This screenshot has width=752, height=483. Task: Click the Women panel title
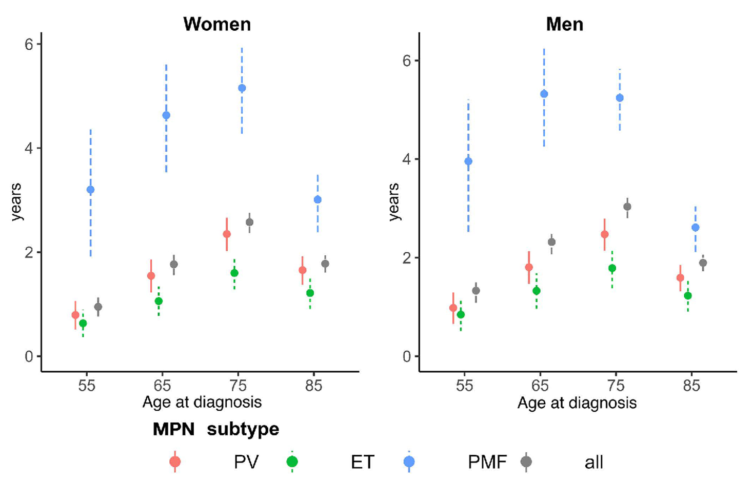(x=217, y=24)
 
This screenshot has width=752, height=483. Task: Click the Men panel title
(x=564, y=24)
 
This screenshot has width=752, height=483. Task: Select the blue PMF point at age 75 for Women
(x=242, y=88)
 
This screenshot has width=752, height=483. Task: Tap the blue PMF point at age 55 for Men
(x=468, y=162)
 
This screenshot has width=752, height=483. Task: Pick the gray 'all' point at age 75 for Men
(x=627, y=207)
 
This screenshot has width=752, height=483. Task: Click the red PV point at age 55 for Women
(x=75, y=315)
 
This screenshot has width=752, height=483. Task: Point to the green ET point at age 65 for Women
(x=159, y=301)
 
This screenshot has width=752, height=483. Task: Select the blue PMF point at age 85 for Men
(x=696, y=228)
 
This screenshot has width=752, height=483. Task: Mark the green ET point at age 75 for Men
(x=612, y=268)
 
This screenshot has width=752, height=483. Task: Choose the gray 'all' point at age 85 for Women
(x=325, y=264)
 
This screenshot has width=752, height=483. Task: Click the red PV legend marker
(x=175, y=462)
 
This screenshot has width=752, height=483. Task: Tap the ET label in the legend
(x=363, y=462)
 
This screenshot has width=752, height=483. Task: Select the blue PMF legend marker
(x=409, y=462)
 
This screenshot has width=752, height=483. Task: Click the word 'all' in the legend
(x=593, y=462)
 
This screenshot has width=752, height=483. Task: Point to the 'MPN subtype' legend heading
(x=215, y=429)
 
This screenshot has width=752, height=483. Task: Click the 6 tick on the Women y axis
(x=29, y=45)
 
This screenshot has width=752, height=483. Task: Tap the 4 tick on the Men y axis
(x=407, y=159)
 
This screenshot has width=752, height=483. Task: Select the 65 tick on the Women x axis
(x=162, y=385)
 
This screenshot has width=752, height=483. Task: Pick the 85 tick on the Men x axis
(x=691, y=385)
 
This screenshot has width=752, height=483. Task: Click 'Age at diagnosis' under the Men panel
(x=577, y=403)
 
